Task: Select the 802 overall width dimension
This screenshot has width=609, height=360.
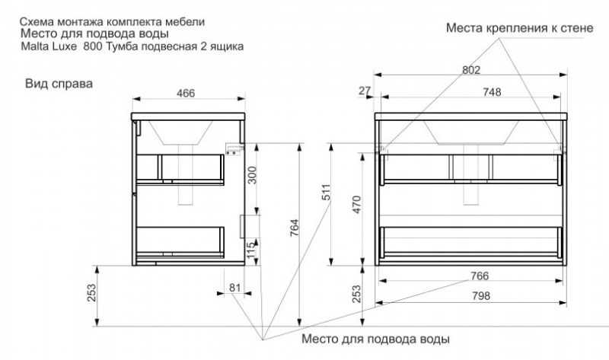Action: [x=472, y=70]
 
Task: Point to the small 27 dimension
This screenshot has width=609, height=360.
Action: [x=363, y=91]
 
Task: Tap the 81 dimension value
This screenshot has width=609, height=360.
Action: [x=234, y=287]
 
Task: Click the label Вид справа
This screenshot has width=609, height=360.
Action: [x=59, y=83]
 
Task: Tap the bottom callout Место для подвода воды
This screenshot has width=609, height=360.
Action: [x=375, y=338]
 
